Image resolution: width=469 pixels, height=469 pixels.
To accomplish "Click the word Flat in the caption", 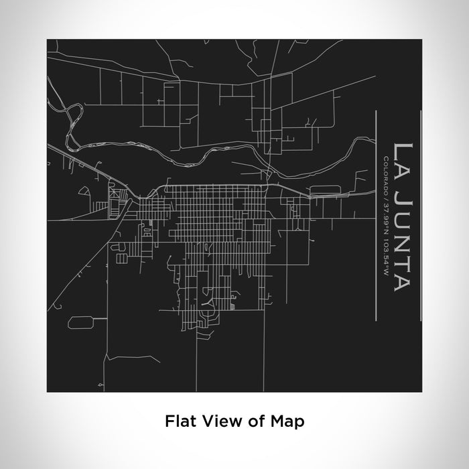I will pos(179,421).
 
